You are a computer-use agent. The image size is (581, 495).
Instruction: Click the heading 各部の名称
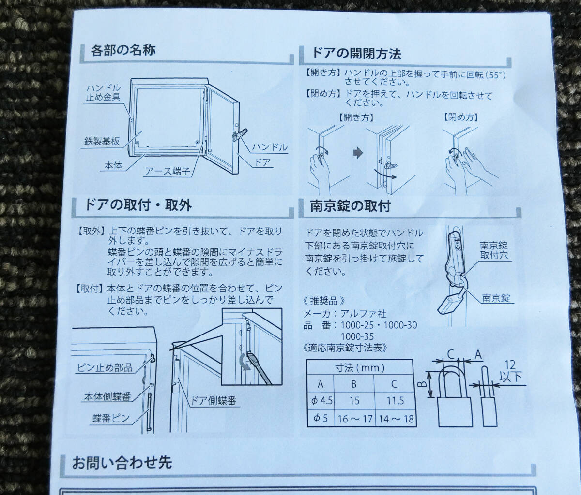coord(123,50)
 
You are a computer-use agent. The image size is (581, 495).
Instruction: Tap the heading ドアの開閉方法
coord(356,53)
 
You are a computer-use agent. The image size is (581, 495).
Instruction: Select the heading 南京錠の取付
coord(350,206)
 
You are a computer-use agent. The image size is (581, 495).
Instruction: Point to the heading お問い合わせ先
coord(122,463)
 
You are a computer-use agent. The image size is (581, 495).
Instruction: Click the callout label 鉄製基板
coord(102,141)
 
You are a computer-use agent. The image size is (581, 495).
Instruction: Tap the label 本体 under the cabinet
coord(113,165)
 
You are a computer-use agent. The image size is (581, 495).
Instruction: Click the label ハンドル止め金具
coord(104,92)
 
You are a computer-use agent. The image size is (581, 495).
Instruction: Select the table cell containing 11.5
coord(395,401)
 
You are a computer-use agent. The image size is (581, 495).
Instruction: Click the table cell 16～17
coord(355,419)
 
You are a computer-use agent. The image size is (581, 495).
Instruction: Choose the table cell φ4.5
coord(321,401)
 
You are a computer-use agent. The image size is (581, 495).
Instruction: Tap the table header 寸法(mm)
coord(360,367)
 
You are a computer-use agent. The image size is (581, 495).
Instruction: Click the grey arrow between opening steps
coord(358,153)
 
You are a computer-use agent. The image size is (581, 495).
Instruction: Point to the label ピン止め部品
coord(105,367)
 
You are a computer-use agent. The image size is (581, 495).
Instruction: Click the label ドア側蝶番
coord(214,401)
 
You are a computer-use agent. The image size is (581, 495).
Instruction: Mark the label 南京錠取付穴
coord(494,250)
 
